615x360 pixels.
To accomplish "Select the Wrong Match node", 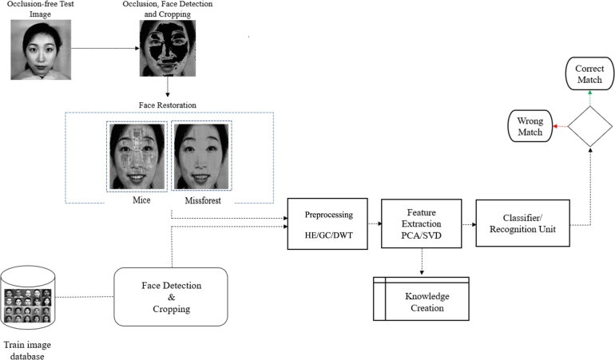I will click(x=529, y=126).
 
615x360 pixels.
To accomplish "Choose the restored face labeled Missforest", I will click(x=202, y=156).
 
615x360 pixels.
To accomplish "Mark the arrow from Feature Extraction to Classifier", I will click(x=463, y=224).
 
